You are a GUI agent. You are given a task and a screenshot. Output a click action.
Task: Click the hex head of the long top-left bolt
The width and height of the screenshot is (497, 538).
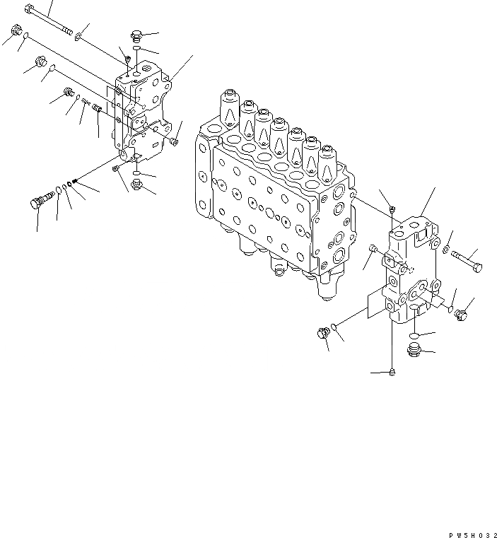pos(29,10)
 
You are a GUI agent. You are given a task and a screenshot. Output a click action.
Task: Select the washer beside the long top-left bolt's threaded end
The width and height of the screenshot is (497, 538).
pos(78,36)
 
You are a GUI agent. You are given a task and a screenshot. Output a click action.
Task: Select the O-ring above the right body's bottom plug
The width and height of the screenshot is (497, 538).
pos(418,333)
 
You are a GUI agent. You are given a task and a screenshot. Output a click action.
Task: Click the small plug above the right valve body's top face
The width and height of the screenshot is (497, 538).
pos(392,209)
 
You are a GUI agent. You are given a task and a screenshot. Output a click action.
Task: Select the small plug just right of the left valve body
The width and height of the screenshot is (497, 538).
pos(174,143)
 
